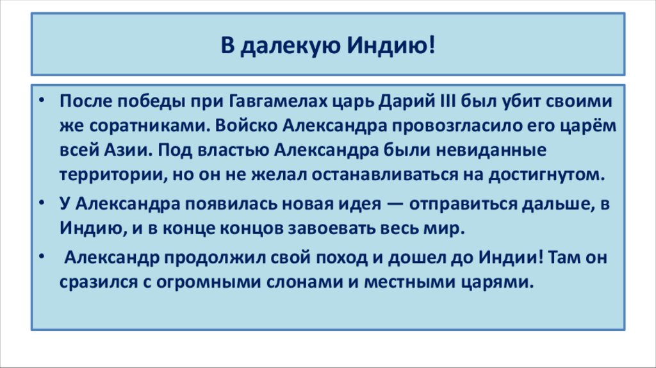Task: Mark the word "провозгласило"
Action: [x=423, y=126]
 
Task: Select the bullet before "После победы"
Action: [x=40, y=101]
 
